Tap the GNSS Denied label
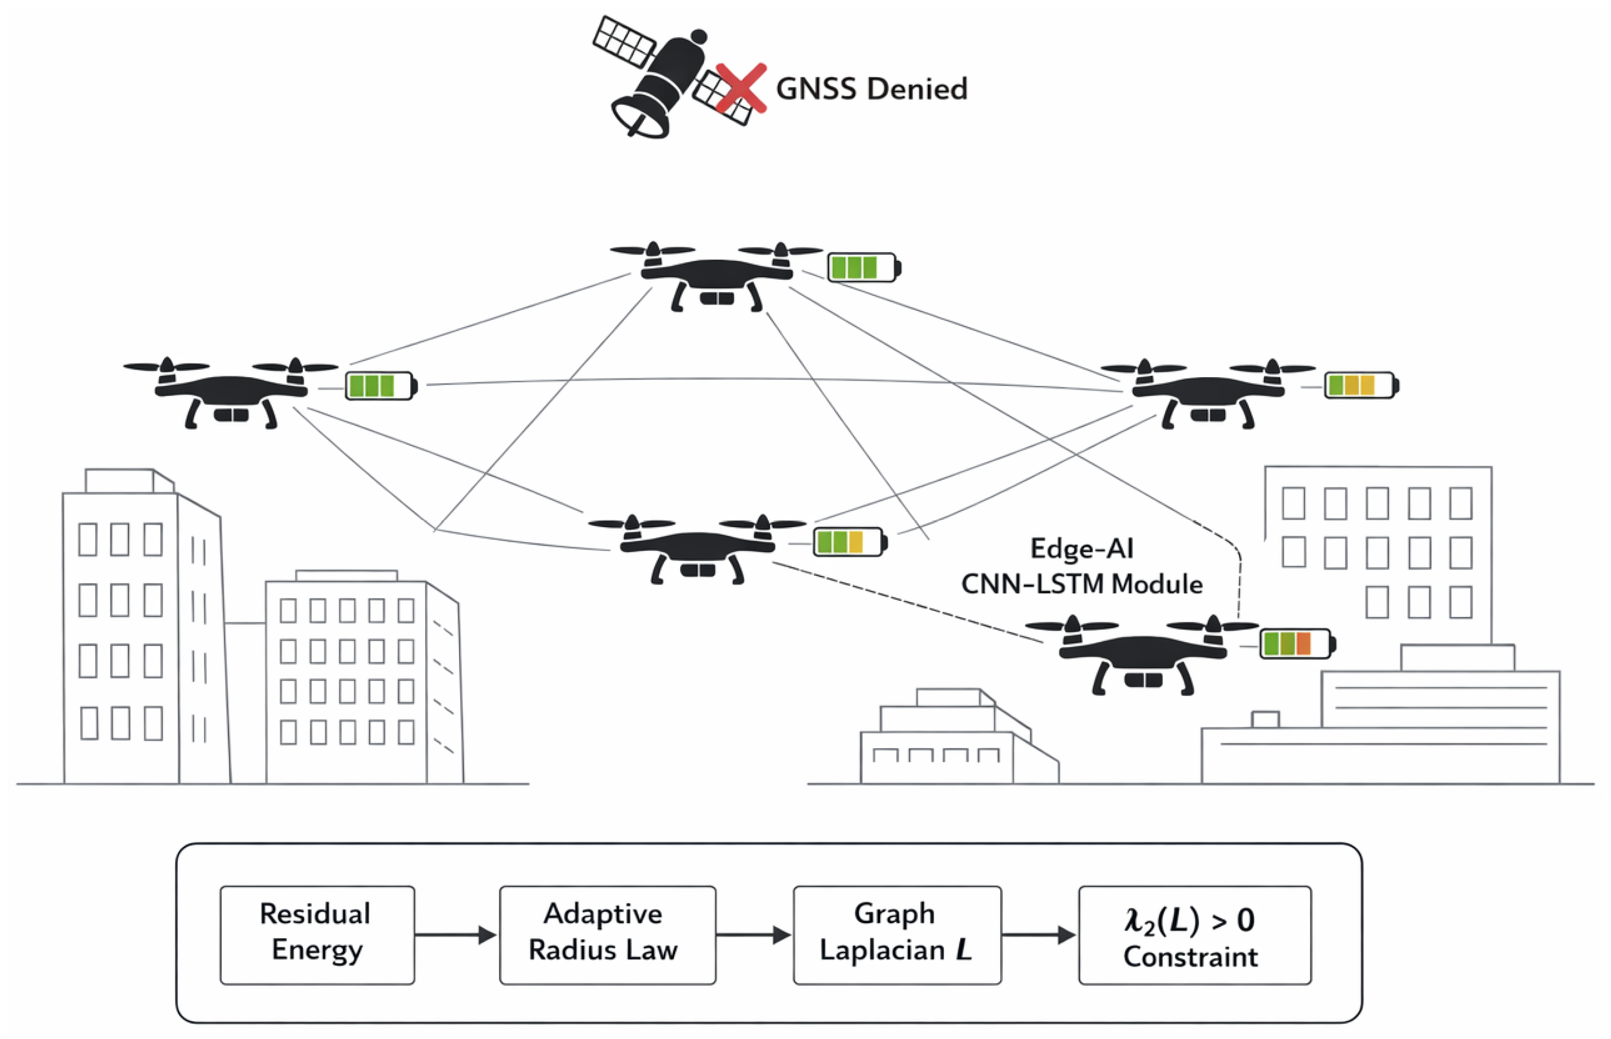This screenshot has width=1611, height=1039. pos(871,89)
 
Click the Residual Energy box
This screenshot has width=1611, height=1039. pos(317,935)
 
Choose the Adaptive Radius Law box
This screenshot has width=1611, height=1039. pos(607,935)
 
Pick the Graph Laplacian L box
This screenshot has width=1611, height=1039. pos(897,935)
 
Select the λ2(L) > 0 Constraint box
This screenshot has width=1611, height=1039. pos(1195,935)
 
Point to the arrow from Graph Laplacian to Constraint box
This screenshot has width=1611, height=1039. pos(1039,935)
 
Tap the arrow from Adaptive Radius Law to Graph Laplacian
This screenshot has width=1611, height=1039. pos(754,935)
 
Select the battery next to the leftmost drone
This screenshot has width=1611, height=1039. pos(381,386)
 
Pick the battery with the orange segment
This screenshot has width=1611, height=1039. pos(1298,644)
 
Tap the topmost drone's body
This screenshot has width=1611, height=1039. pos(717,276)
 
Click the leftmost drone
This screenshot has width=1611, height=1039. pos(231,393)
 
